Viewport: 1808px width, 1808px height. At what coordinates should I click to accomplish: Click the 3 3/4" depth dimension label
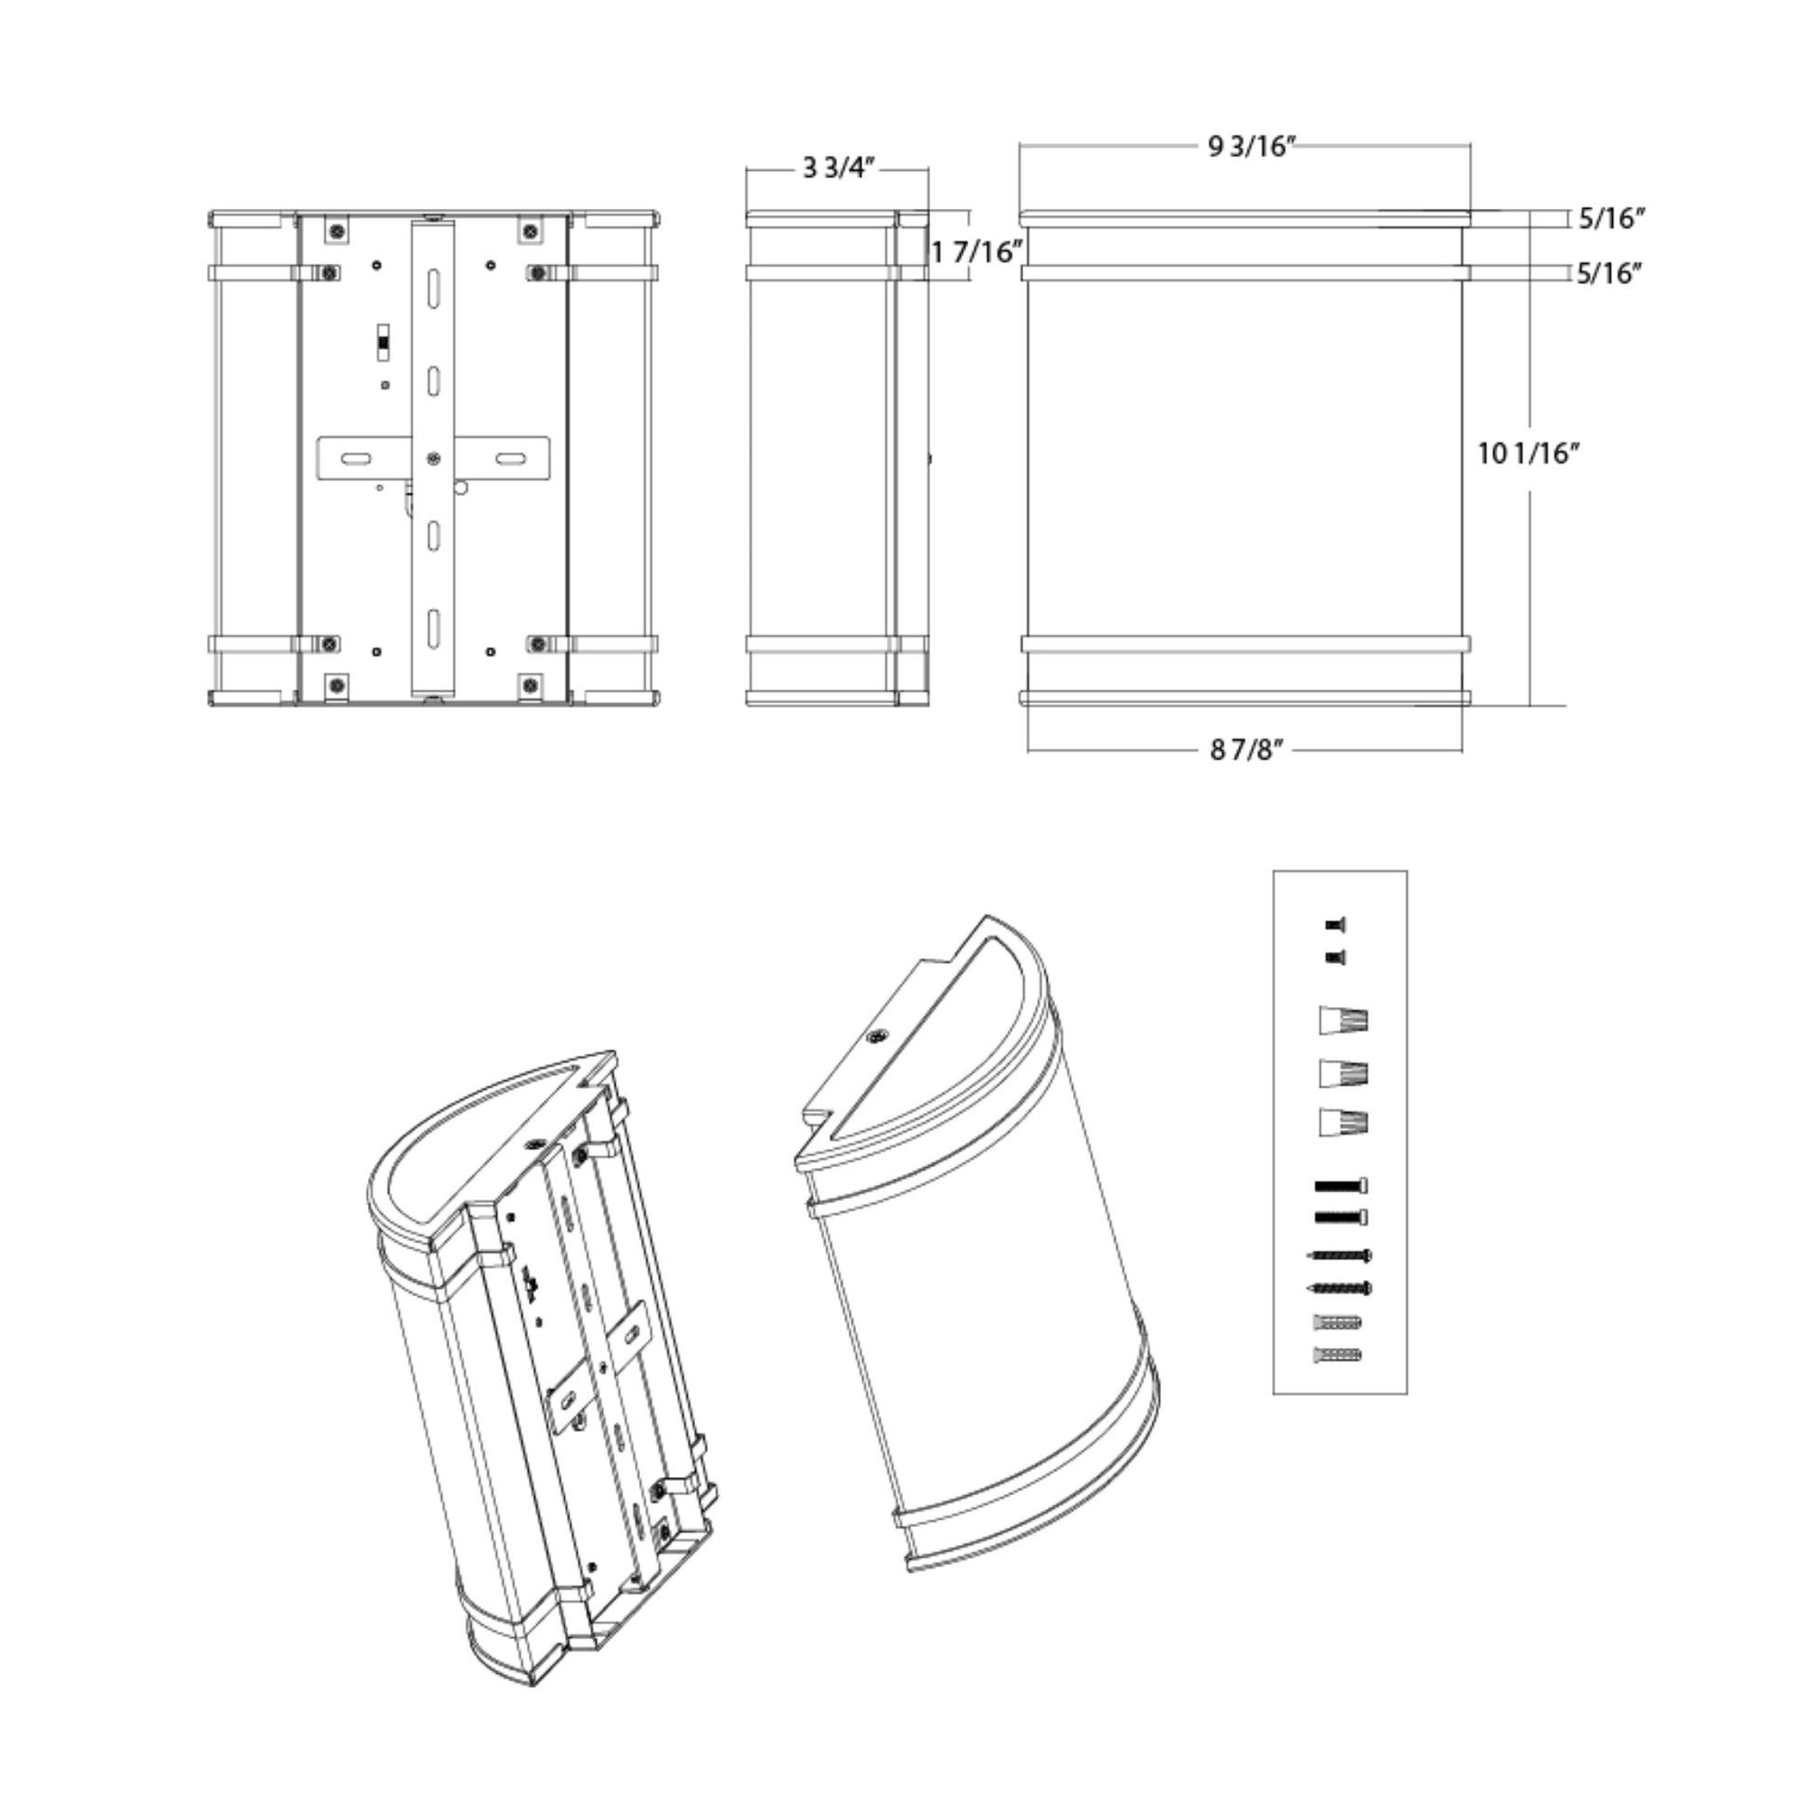point(838,168)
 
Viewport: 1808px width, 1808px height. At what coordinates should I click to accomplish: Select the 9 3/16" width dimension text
point(1251,147)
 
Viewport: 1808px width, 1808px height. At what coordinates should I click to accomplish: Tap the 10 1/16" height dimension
point(1528,454)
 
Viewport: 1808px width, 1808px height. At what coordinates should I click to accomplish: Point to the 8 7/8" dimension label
point(1246,750)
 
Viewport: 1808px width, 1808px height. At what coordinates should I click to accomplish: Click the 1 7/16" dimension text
point(974,251)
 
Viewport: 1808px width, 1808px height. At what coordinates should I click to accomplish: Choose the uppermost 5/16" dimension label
point(1611,219)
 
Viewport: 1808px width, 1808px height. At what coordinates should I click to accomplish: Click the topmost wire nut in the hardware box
point(1343,1020)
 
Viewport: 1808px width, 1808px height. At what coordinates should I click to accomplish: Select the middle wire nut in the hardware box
point(1343,1072)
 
